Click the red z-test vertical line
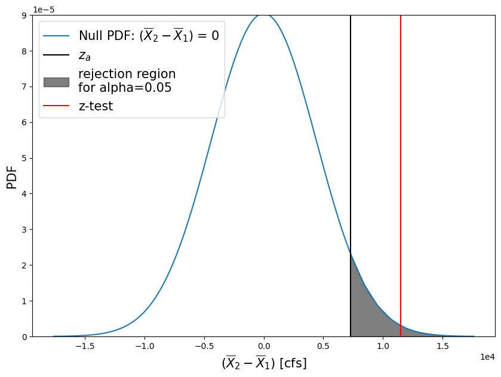401,179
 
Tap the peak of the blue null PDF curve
264,16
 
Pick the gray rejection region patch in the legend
56,82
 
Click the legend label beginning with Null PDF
149,36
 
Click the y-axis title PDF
12,177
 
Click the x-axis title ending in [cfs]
264,363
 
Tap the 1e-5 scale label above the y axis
44,10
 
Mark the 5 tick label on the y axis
24,158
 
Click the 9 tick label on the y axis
24,16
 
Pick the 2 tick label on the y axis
24,265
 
